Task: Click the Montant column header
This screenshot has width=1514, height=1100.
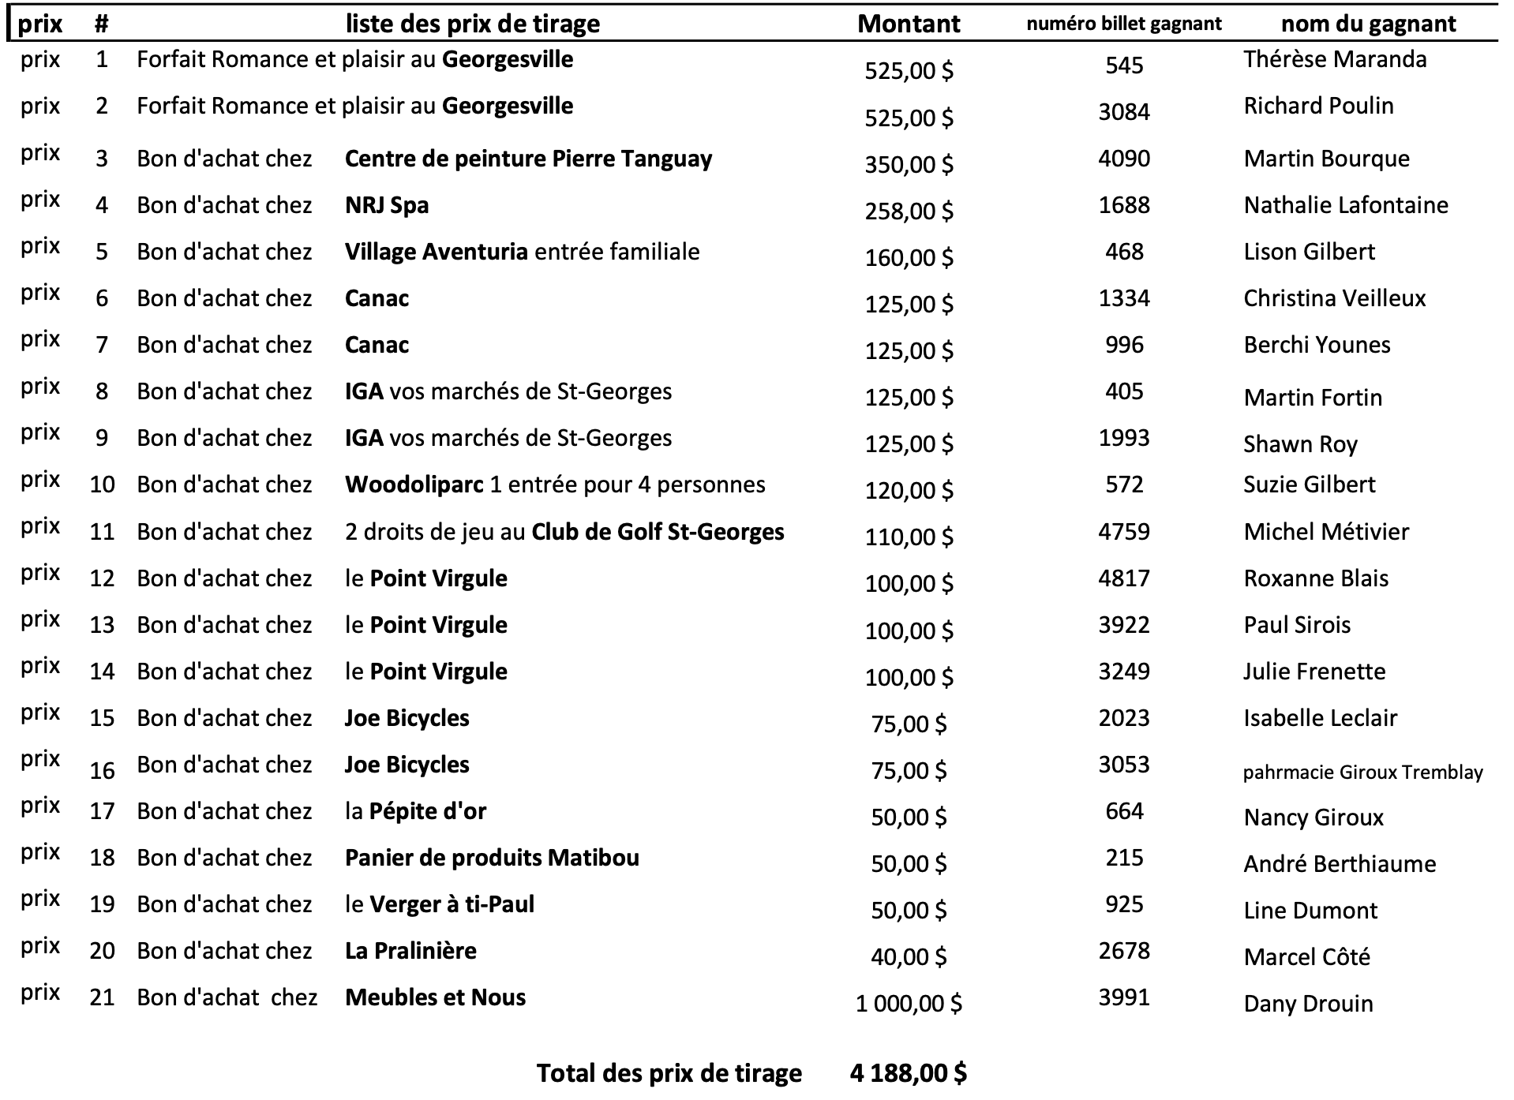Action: tap(909, 24)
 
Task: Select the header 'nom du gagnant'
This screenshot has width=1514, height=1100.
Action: tap(1368, 24)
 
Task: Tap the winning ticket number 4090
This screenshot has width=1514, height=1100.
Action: tap(1123, 159)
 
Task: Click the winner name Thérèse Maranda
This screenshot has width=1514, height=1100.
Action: tap(1335, 59)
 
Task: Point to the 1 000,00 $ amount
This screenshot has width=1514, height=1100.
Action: tap(909, 1004)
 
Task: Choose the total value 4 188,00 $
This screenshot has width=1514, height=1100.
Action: tap(909, 1073)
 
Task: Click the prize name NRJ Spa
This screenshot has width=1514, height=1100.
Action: tap(387, 205)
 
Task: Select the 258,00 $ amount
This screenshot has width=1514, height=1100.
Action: tap(909, 211)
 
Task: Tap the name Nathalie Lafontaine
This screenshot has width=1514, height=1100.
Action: tap(1346, 205)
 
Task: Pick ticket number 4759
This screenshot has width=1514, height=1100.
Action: tap(1123, 531)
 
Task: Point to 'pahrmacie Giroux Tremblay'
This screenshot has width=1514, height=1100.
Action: tap(1362, 772)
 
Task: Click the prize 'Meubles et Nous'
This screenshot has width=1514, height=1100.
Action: tap(435, 997)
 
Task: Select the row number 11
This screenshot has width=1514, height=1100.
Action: tap(102, 532)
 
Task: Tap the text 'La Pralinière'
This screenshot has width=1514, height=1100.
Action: tap(410, 951)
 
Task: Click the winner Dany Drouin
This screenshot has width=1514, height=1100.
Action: tap(1308, 1004)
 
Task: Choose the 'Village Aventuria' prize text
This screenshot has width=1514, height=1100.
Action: tap(437, 252)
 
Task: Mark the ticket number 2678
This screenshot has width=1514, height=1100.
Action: tap(1123, 951)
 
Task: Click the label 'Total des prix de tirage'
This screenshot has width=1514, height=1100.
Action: tap(669, 1073)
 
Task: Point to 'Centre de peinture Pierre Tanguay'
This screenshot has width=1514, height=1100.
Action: tap(528, 159)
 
